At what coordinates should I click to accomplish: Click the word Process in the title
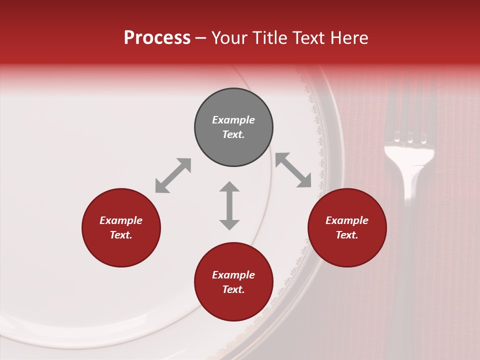(157, 38)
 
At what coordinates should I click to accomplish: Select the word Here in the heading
(348, 38)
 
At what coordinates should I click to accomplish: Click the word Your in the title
(229, 38)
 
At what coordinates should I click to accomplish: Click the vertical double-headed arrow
(229, 205)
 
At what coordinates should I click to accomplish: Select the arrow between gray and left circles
(173, 175)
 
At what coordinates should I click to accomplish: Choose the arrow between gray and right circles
(293, 170)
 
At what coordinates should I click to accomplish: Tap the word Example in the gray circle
(233, 120)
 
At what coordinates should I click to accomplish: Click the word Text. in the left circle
(121, 235)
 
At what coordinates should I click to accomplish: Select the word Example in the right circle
(347, 220)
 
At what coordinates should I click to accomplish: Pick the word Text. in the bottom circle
(233, 289)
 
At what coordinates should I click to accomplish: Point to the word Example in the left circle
(121, 220)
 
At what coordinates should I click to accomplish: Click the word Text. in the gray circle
(233, 134)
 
